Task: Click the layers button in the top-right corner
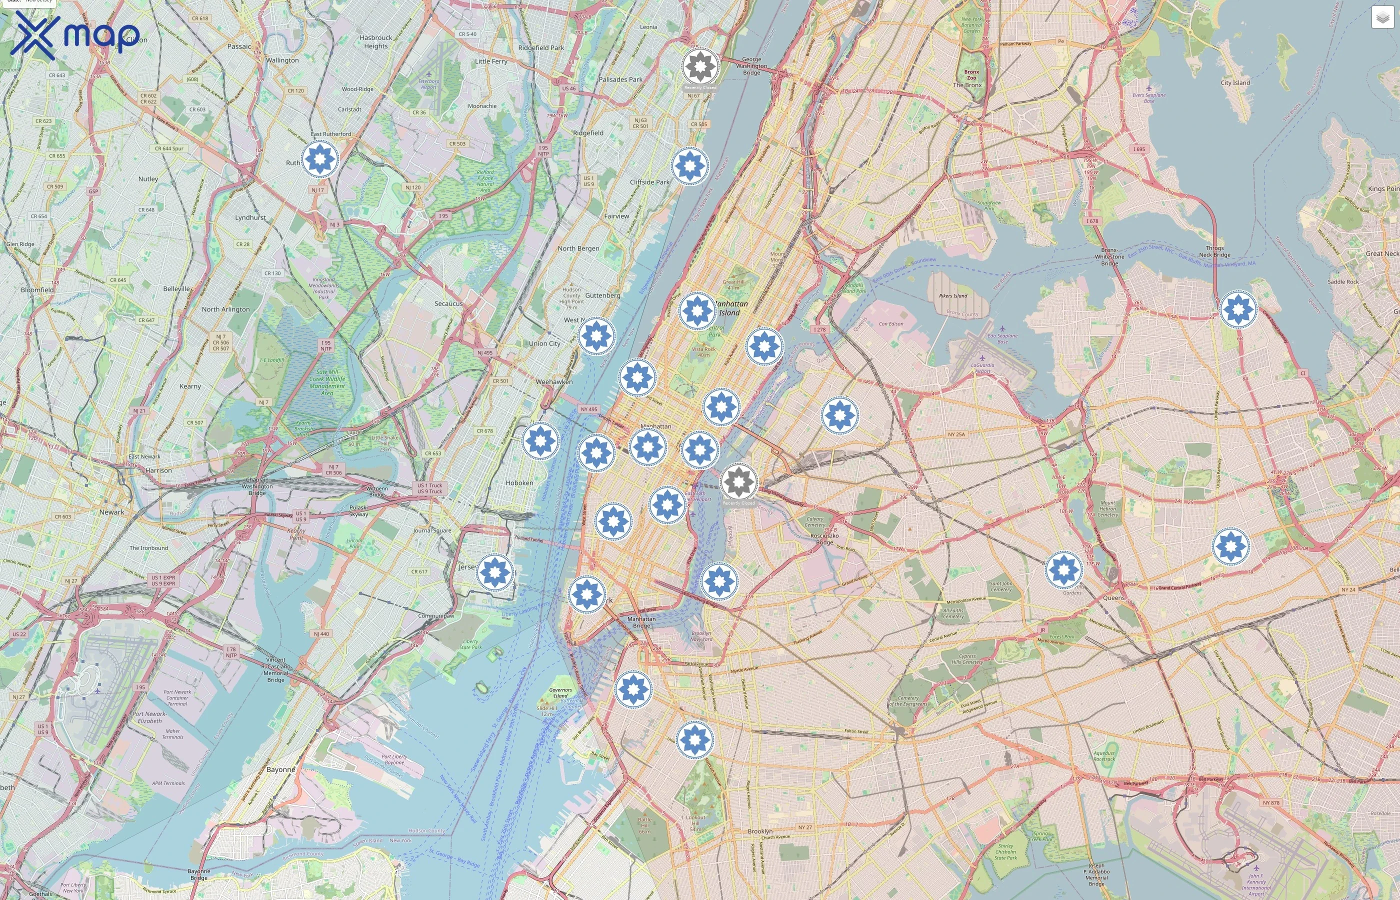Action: (1382, 17)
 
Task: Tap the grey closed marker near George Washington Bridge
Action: (700, 66)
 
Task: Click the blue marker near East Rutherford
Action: (319, 158)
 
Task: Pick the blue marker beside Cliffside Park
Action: (689, 166)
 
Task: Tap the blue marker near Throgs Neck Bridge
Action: (1238, 308)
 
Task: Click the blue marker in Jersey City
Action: (495, 572)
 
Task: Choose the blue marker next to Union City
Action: (596, 336)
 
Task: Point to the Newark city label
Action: (111, 512)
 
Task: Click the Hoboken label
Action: (519, 482)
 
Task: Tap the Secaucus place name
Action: (448, 303)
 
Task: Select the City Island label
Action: (1235, 82)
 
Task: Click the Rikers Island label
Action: (953, 295)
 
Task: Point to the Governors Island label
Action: (560, 692)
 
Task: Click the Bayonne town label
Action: (280, 769)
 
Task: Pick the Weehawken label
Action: (554, 381)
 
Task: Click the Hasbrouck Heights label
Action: (375, 41)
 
